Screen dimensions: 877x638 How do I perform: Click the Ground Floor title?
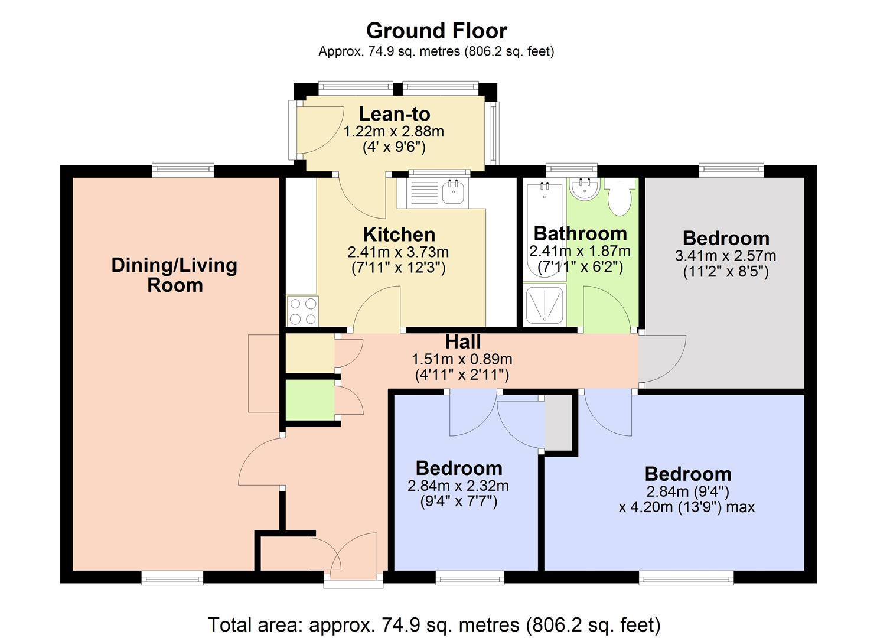pyautogui.click(x=436, y=31)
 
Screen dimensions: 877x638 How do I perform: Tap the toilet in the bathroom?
pyautogui.click(x=620, y=196)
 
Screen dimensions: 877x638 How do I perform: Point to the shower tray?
pyautogui.click(x=545, y=305)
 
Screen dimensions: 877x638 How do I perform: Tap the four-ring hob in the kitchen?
pyautogui.click(x=302, y=311)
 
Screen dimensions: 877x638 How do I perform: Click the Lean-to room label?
pyautogui.click(x=395, y=114)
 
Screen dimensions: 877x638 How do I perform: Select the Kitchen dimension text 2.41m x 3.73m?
pyautogui.click(x=398, y=252)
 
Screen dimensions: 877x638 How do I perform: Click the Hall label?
pyautogui.click(x=463, y=341)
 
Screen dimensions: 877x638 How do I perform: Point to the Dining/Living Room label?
pyautogui.click(x=175, y=275)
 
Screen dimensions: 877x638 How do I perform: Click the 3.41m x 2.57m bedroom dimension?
pyautogui.click(x=725, y=255)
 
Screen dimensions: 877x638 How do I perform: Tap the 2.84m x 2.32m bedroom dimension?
pyautogui.click(x=458, y=486)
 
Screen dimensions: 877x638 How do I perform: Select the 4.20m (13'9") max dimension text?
pyautogui.click(x=686, y=507)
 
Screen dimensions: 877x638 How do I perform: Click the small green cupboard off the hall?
pyautogui.click(x=309, y=401)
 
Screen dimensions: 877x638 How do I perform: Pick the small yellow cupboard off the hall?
pyautogui.click(x=309, y=353)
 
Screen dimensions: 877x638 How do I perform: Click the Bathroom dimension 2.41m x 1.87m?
pyautogui.click(x=580, y=250)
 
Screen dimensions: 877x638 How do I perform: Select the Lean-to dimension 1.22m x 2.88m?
pyautogui.click(x=394, y=131)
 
